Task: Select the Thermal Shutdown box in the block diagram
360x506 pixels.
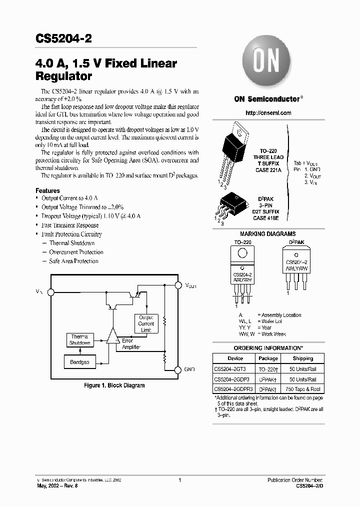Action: [80, 340]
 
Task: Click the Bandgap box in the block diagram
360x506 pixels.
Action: [80, 361]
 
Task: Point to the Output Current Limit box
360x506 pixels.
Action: [146, 323]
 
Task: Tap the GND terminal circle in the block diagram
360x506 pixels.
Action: [178, 369]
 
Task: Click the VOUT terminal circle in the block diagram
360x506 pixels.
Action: [178, 285]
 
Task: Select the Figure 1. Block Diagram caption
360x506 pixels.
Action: [114, 385]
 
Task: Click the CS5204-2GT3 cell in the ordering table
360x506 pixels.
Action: [230, 369]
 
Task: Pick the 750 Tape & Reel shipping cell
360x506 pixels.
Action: [302, 389]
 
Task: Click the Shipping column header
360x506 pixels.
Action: [302, 358]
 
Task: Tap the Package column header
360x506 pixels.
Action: [268, 358]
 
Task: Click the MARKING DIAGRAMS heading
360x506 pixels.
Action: [268, 234]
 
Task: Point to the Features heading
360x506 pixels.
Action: [47, 191]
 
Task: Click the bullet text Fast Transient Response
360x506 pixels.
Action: [69, 225]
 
